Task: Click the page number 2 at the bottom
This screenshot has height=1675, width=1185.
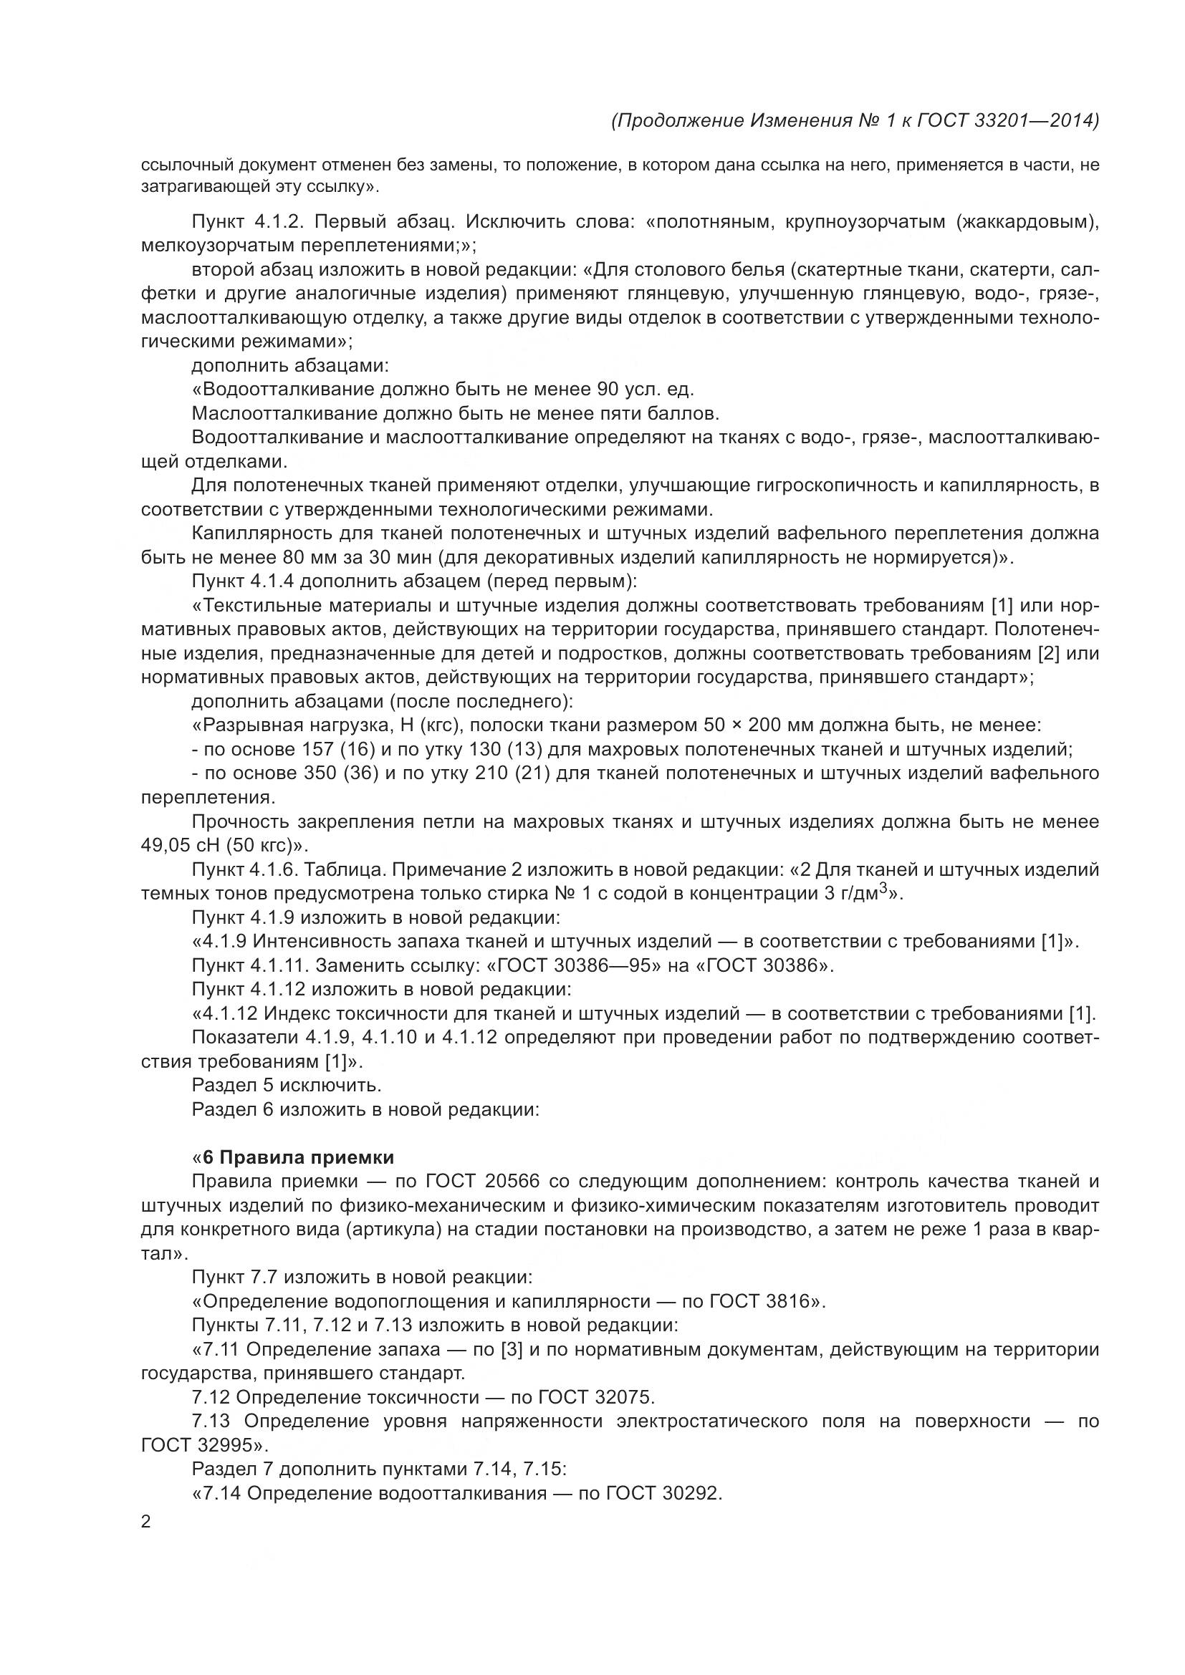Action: (x=146, y=1522)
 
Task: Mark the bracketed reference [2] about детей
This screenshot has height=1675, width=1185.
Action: (x=1050, y=654)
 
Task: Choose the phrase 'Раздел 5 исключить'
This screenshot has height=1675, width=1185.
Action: (x=286, y=1086)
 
